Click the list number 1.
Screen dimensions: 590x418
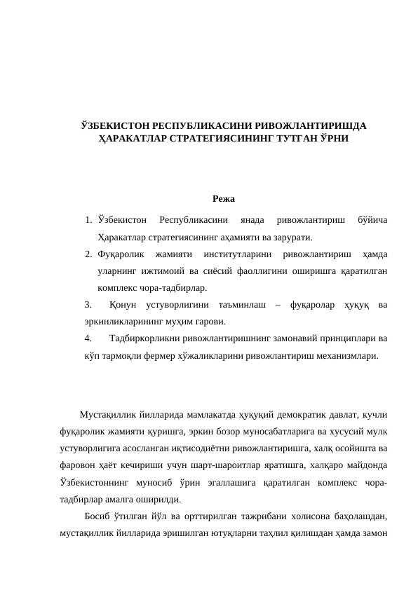(x=87, y=219)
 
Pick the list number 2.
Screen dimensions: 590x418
(x=87, y=254)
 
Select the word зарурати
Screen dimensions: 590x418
(x=292, y=236)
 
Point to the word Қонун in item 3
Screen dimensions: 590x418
(x=123, y=305)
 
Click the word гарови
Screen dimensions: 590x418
(x=210, y=322)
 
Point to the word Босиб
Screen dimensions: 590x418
(x=96, y=517)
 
